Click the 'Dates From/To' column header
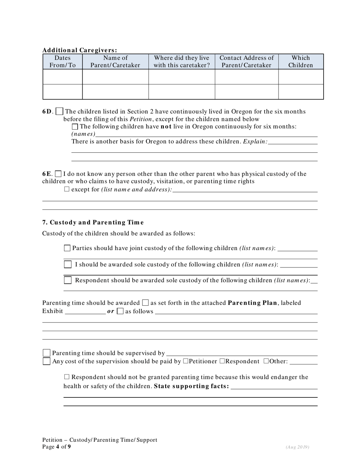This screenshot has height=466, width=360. (x=63, y=61)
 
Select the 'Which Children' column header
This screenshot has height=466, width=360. (x=301, y=61)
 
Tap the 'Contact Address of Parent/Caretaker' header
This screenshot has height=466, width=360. (x=247, y=61)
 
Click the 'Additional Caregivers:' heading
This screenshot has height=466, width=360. (x=80, y=50)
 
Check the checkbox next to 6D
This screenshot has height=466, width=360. (x=59, y=112)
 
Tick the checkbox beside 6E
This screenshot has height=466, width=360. (x=58, y=174)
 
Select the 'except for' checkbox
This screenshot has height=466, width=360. (x=67, y=189)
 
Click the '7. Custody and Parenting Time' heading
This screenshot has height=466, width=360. (x=93, y=222)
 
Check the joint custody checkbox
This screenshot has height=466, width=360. (x=67, y=248)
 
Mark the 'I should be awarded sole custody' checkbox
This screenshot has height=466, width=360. (x=67, y=264)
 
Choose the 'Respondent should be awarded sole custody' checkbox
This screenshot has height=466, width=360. (x=67, y=280)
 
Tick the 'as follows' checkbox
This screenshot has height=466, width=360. (x=120, y=311)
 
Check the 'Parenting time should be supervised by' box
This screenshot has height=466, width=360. (x=47, y=353)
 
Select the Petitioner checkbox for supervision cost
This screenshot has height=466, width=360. (x=185, y=361)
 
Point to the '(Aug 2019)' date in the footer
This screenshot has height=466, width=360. (x=297, y=447)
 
